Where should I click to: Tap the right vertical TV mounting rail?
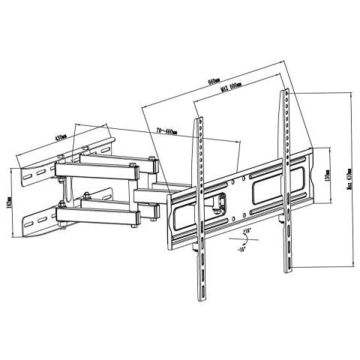[x=286, y=180]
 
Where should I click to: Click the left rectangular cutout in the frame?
[x=185, y=217]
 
